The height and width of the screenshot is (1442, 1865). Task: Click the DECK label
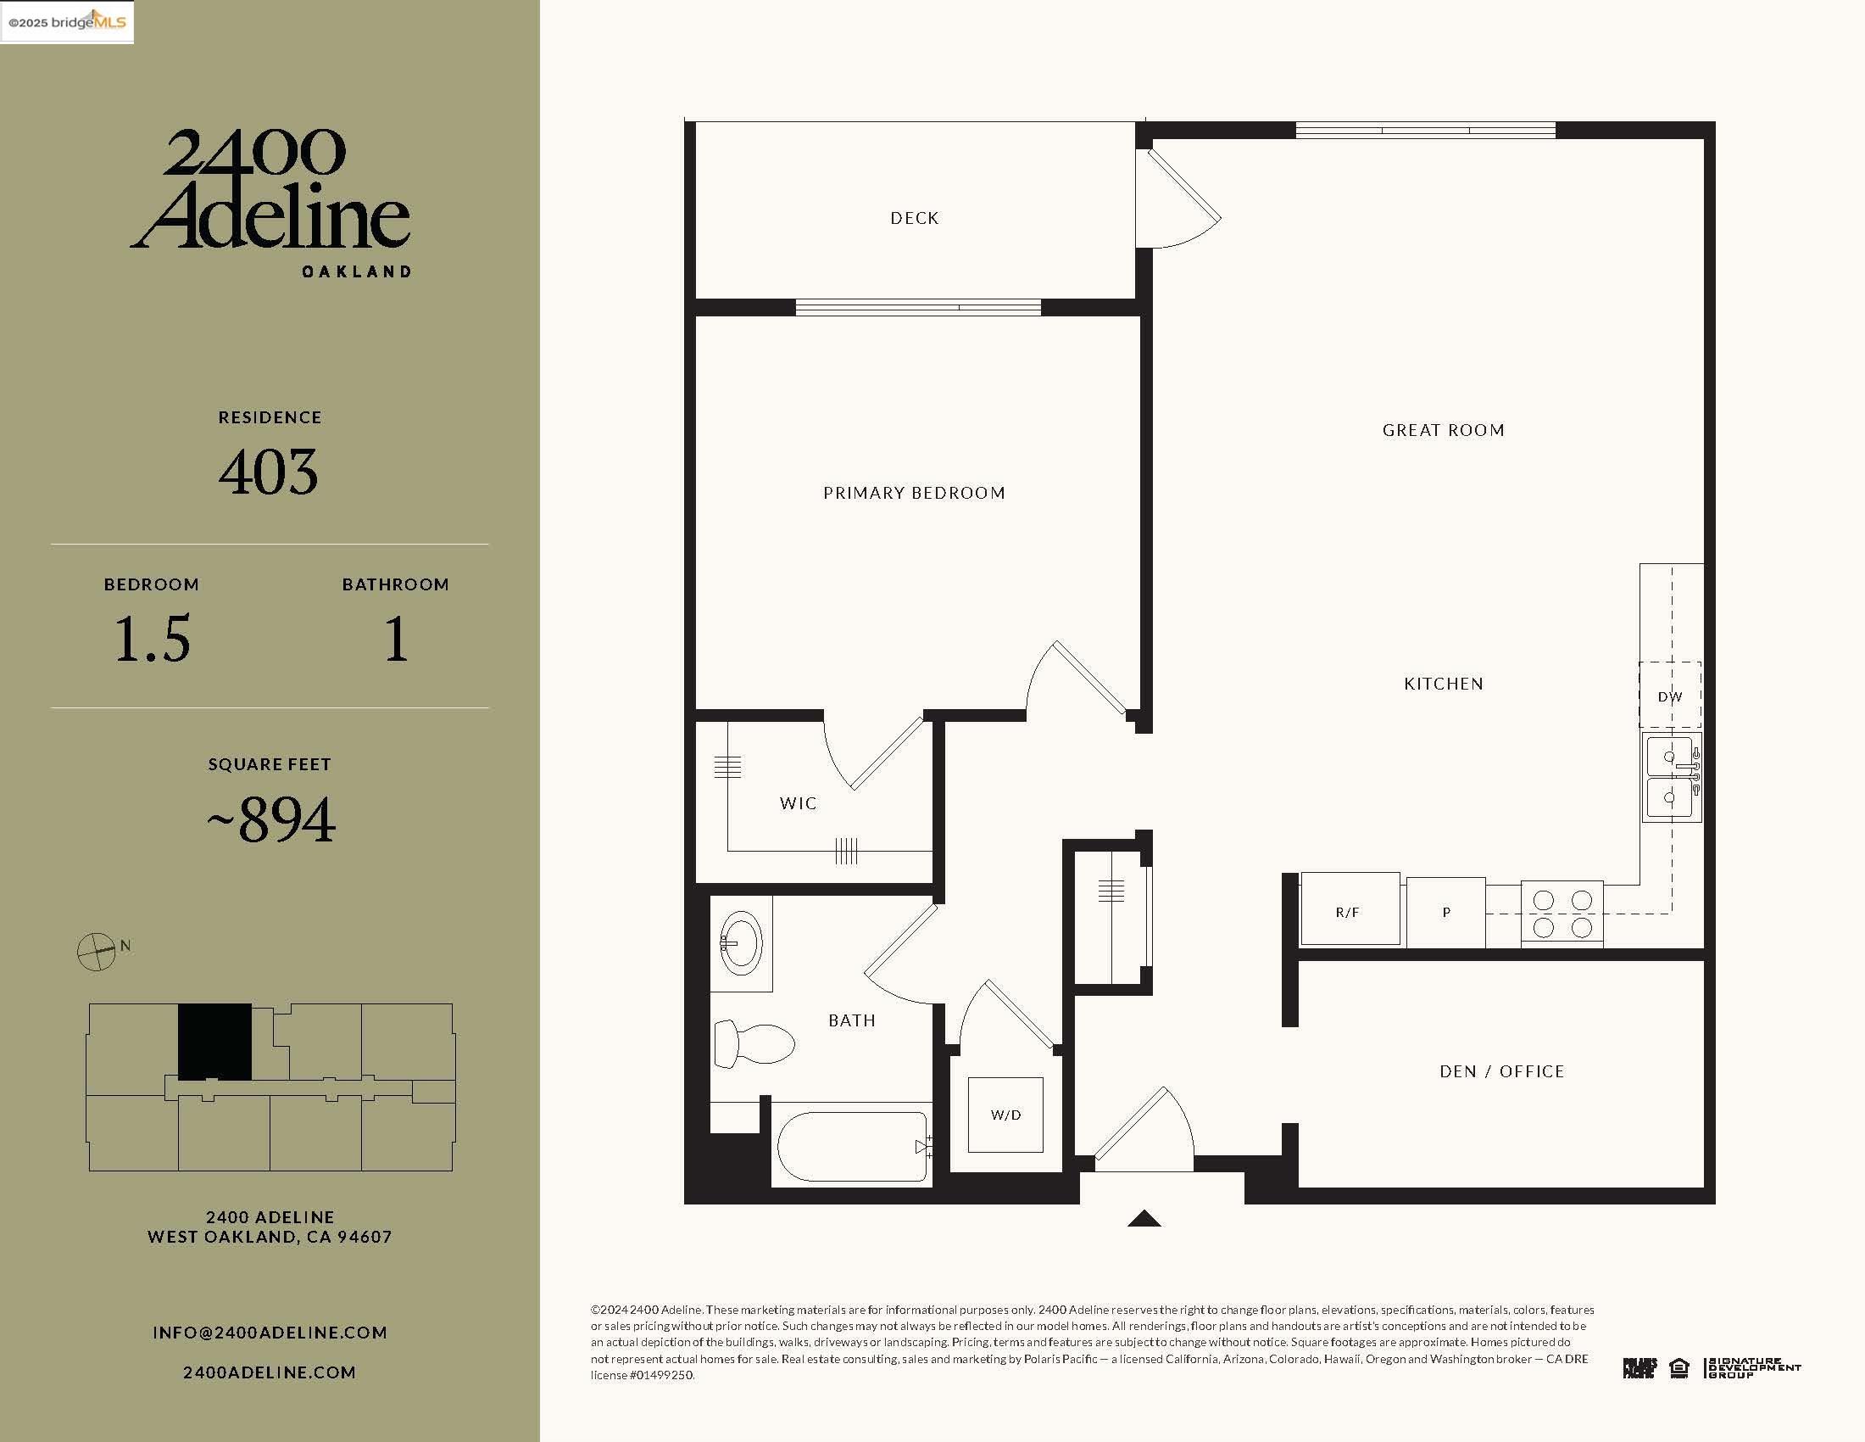coord(914,218)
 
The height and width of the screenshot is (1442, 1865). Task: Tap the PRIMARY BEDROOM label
coord(914,493)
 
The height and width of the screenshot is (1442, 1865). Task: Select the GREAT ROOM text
coord(1443,431)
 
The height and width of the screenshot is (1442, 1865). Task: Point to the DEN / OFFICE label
coord(1501,1071)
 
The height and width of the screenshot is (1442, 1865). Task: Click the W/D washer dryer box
coord(1005,1115)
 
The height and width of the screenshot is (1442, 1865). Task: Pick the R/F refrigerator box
coord(1349,910)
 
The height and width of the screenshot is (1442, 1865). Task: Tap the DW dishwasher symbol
coord(1669,696)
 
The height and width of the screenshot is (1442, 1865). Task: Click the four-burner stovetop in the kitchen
coord(1562,914)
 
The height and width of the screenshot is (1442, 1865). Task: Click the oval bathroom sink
coord(739,943)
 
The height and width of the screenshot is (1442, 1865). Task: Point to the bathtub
coord(852,1147)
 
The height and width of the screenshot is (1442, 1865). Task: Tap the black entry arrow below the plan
coord(1144,1219)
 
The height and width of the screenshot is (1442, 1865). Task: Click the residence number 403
coord(269,472)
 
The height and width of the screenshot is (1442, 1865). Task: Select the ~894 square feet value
coord(270,820)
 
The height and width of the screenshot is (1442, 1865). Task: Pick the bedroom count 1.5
coord(152,638)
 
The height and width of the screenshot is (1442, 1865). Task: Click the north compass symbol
coord(97,951)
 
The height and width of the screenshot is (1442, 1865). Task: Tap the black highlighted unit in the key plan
coord(214,1042)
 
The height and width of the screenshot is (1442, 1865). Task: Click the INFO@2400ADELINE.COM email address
coord(270,1333)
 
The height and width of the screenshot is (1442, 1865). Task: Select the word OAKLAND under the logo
coord(357,271)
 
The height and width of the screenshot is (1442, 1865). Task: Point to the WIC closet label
coord(798,803)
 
